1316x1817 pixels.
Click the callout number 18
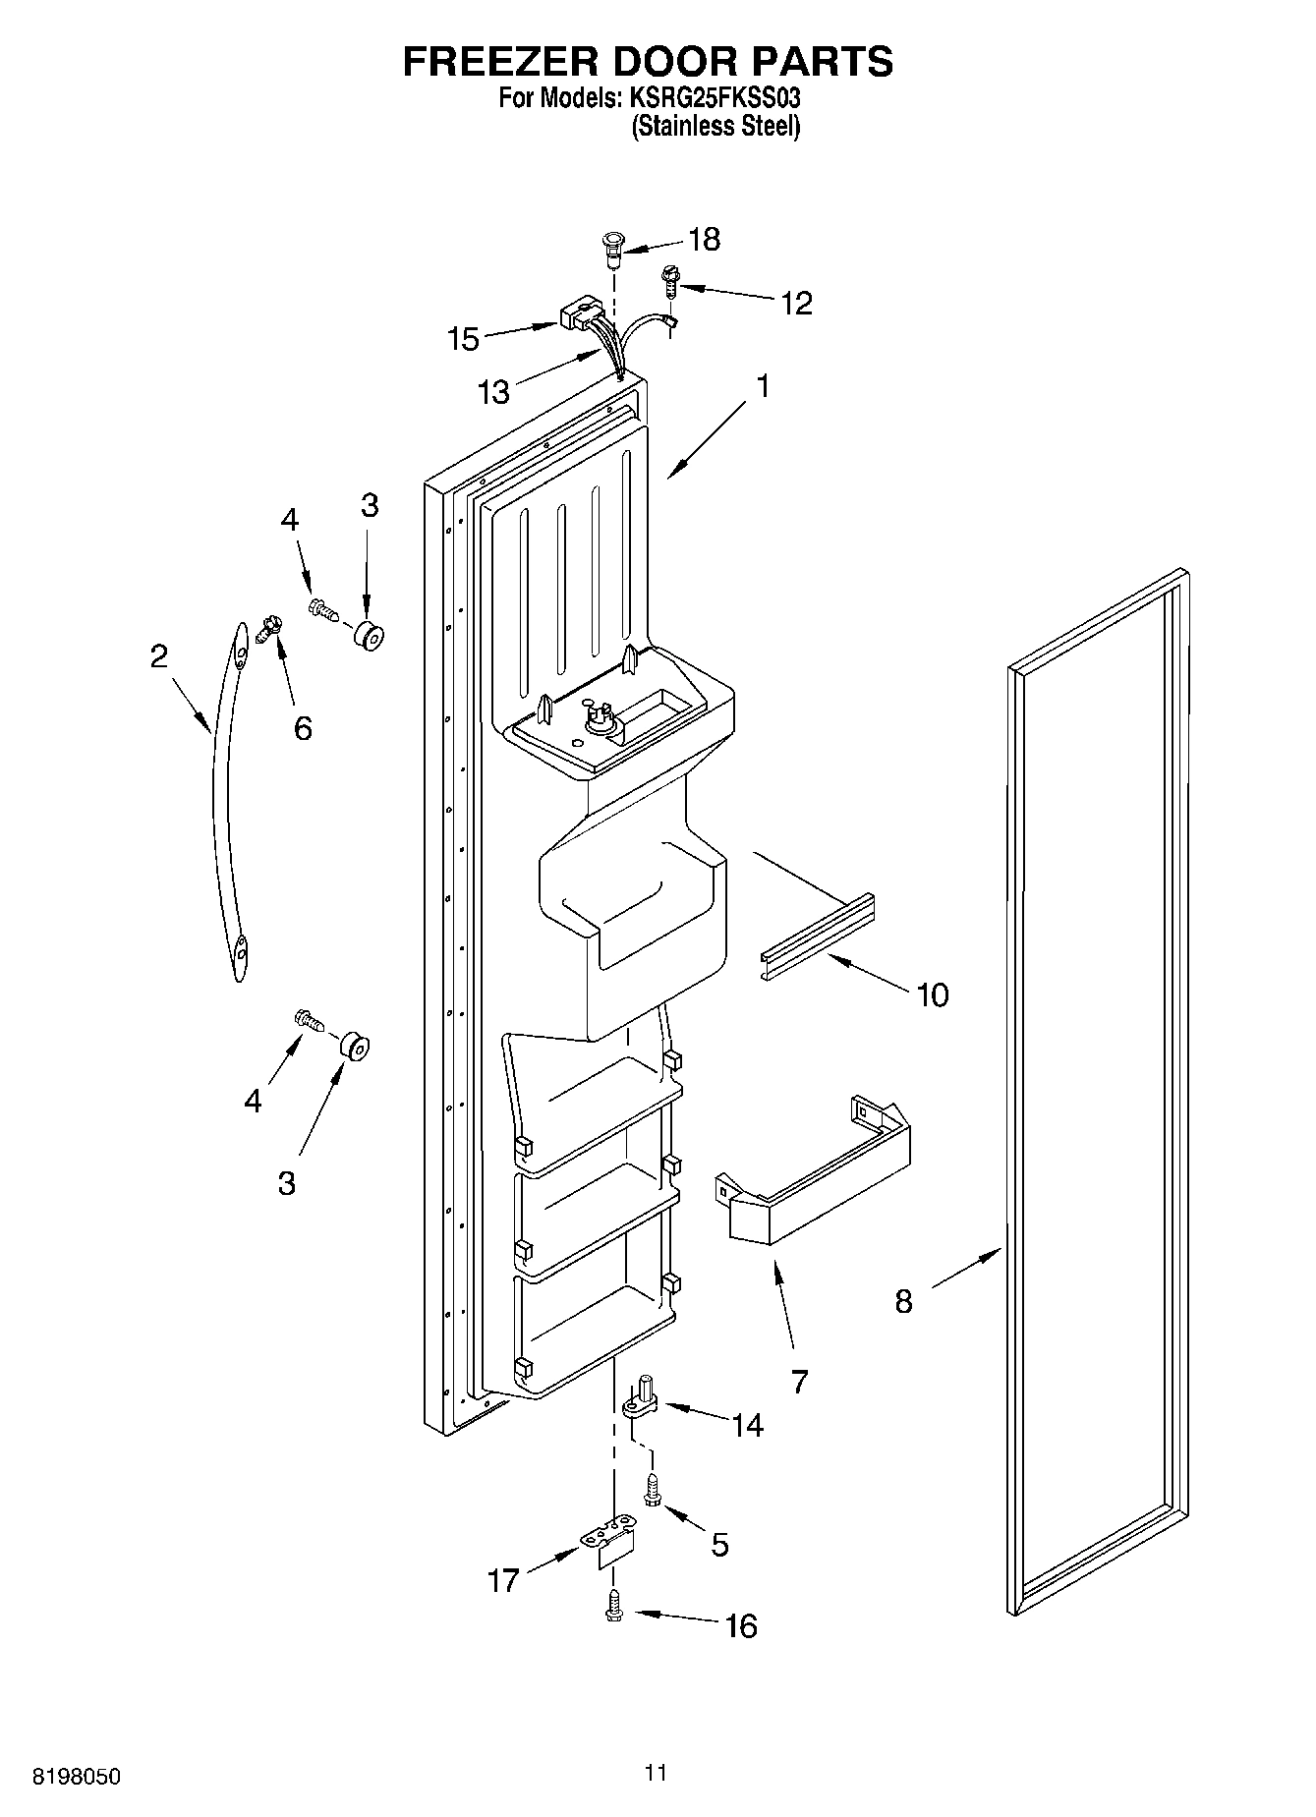point(704,239)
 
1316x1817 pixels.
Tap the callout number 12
point(796,303)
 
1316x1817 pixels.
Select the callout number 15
point(463,339)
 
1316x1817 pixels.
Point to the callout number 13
point(494,392)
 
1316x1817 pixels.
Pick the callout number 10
point(932,994)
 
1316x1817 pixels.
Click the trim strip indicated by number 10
point(818,937)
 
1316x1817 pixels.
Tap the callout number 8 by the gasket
point(903,1301)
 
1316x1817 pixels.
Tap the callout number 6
point(303,728)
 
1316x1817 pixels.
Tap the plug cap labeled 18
point(613,247)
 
